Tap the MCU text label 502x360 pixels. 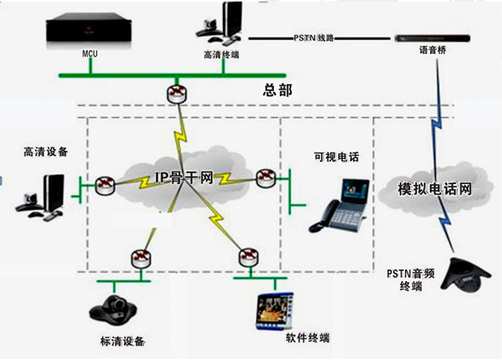[x=90, y=54]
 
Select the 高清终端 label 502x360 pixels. [x=221, y=55]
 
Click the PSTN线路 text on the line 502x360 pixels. [x=314, y=38]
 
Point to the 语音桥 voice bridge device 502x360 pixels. [x=433, y=38]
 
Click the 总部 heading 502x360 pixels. [x=277, y=90]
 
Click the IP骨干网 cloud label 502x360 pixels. [x=184, y=177]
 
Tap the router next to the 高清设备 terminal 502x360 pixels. [x=105, y=185]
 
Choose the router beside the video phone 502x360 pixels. [x=266, y=178]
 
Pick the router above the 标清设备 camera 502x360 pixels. [x=140, y=259]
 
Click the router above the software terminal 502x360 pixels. [x=249, y=257]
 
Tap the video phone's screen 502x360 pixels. [x=355, y=191]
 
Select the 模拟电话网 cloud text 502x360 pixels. [x=434, y=188]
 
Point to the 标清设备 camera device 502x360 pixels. [x=113, y=310]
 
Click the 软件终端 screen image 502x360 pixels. [x=275, y=311]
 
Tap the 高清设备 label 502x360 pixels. [x=46, y=152]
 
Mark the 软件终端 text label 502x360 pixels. [x=307, y=338]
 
